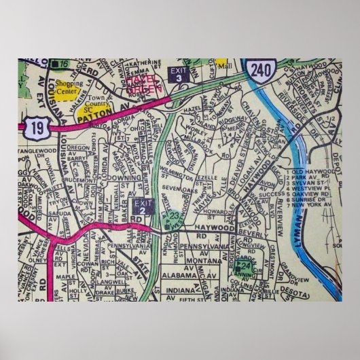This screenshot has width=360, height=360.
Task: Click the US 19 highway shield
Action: point(36,124)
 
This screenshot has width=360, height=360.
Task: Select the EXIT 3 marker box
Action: point(178,74)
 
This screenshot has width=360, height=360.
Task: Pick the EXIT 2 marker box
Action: point(142,206)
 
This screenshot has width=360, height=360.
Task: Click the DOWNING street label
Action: point(120,177)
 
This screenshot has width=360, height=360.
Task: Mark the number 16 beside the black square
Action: point(63,63)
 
